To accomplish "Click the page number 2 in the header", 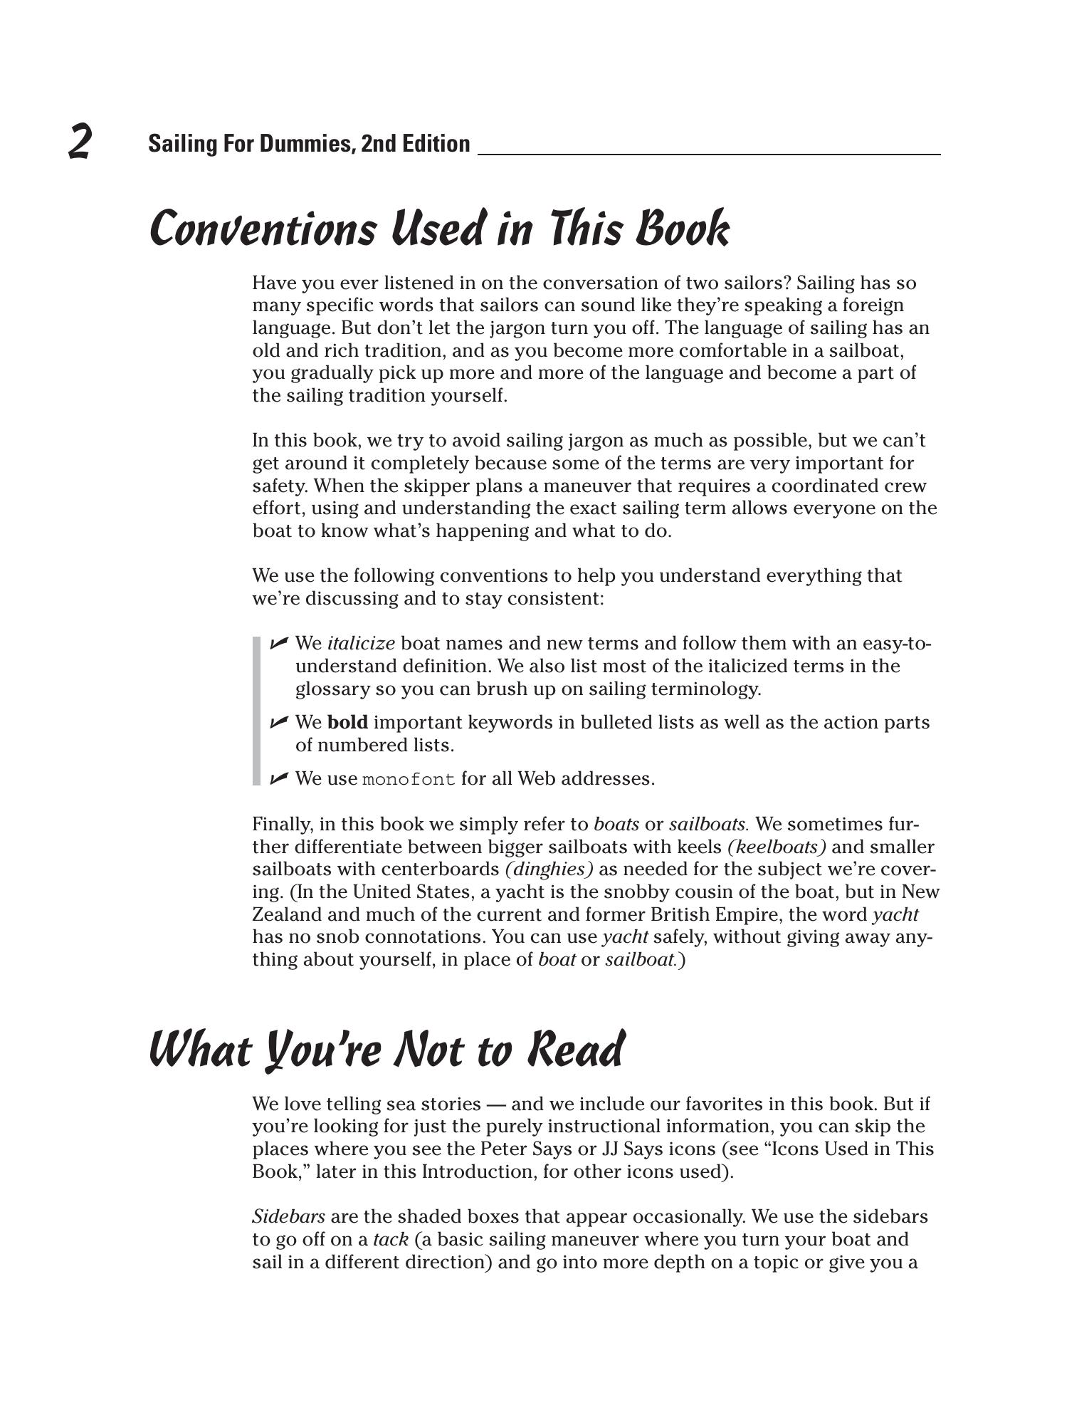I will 80,141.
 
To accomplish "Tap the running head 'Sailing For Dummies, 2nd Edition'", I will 309,144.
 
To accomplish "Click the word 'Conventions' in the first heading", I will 263,229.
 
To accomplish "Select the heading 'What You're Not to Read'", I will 386,1050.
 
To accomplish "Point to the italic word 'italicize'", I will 361,644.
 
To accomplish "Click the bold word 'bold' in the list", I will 347,723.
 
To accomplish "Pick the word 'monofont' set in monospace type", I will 409,780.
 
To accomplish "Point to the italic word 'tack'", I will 391,1240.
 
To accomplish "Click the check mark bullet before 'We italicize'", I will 279,643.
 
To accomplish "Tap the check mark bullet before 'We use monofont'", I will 279,778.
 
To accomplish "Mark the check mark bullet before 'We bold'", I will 279,722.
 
